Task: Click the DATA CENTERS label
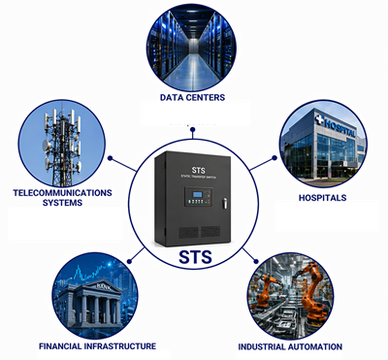pos(193,97)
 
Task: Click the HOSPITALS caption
pos(323,198)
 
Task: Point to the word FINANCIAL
pos(62,345)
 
